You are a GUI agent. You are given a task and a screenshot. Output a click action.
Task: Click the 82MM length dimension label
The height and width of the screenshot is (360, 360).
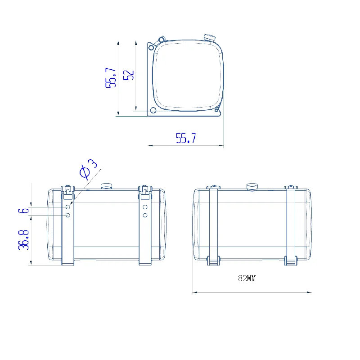247,278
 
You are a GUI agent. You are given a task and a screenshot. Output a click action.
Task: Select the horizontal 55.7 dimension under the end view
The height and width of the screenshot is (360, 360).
186,138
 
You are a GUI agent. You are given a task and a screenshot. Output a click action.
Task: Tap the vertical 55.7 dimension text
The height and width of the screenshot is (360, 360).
111,77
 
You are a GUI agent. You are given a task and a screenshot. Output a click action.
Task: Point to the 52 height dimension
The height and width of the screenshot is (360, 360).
129,75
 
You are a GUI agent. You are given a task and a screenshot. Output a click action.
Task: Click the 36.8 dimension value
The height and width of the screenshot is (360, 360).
23,240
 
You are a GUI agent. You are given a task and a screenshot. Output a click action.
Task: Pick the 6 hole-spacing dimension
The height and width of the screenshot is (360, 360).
23,211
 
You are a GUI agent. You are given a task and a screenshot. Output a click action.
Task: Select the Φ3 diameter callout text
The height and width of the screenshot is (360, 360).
88,169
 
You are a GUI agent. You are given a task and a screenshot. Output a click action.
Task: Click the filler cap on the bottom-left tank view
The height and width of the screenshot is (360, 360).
106,186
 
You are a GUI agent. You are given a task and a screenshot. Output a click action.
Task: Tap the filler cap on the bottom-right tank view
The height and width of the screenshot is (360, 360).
252,187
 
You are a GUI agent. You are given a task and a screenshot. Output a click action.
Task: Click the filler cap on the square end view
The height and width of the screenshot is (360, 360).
209,37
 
